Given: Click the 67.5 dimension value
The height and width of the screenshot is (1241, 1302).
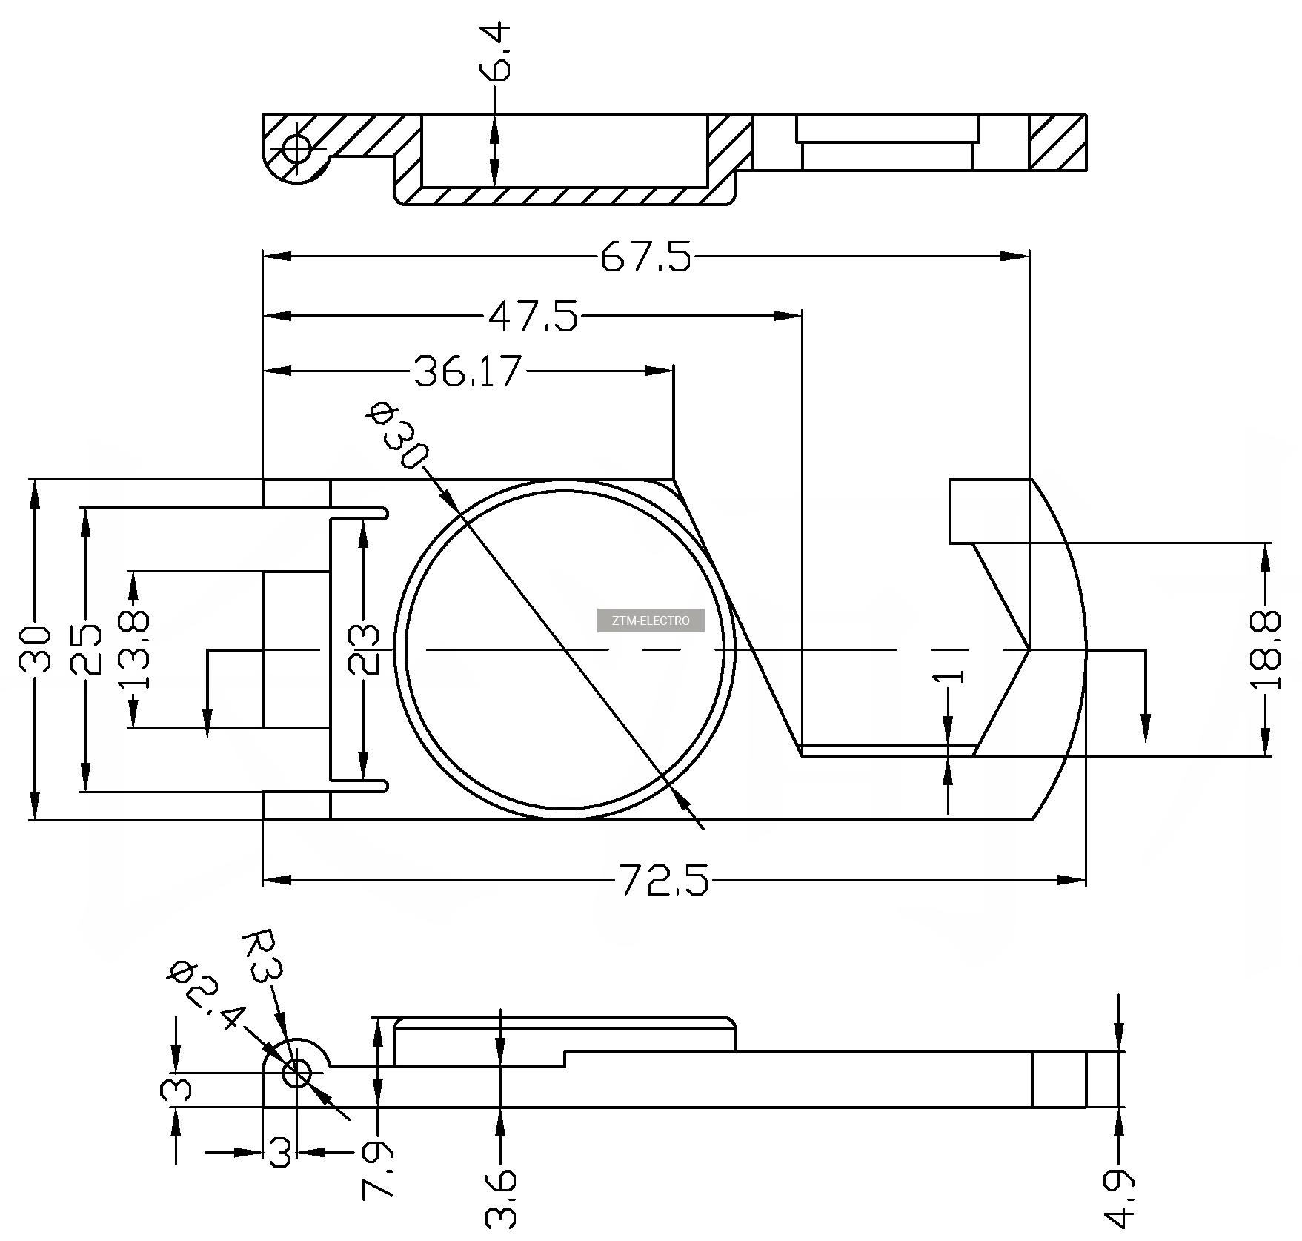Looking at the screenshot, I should pyautogui.click(x=645, y=257).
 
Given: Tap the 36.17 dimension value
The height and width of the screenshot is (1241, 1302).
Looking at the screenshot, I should pyautogui.click(x=468, y=371).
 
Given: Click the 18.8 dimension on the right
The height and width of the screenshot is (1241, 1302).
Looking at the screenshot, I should pyautogui.click(x=1266, y=650).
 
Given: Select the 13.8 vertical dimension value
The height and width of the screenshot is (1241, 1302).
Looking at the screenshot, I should pyautogui.click(x=134, y=650).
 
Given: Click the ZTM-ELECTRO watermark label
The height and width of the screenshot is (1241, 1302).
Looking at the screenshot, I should pyautogui.click(x=651, y=620).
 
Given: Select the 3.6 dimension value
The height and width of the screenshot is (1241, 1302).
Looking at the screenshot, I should pyautogui.click(x=502, y=1198).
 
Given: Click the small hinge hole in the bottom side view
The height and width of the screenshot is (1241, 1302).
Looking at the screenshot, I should pyautogui.click(x=296, y=1072).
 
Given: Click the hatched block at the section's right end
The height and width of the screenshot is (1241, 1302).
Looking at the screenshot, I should pyautogui.click(x=1057, y=142).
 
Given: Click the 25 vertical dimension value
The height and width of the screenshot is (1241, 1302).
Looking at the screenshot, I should pyautogui.click(x=86, y=649).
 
